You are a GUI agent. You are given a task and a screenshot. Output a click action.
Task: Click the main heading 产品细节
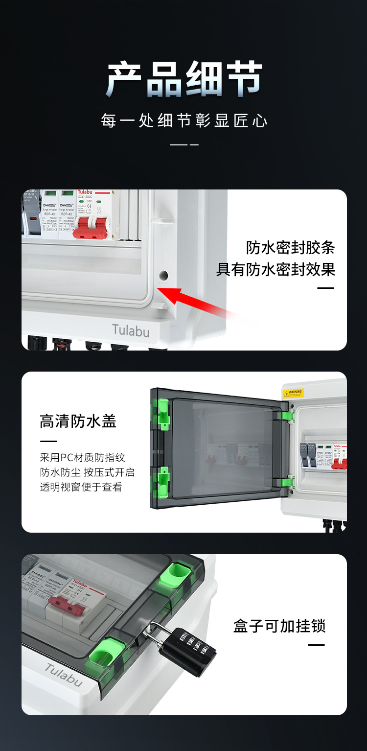pos(184,79)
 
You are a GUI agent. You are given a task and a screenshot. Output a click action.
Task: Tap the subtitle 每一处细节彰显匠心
pos(184,120)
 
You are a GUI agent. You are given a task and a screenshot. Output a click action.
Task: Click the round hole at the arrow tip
pos(163,276)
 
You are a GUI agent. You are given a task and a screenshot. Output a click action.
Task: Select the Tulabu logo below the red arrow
pos(131,330)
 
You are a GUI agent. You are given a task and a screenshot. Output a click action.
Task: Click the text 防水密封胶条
pos(290,248)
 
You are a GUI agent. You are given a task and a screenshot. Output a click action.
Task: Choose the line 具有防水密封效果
pos(275,269)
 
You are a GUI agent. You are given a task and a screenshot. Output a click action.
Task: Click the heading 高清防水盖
pos(78,421)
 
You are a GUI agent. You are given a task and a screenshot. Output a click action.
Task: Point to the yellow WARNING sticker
pos(293,393)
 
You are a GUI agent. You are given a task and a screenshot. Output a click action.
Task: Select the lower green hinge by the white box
pos(289,482)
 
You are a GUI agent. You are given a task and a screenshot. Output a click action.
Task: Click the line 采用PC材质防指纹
pos(82,458)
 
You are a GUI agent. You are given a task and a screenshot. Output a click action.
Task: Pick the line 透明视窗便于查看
pos(81,487)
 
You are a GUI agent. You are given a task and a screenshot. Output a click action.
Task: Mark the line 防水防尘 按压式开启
pos(87,472)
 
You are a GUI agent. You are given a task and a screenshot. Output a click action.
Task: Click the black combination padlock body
pos(187,652)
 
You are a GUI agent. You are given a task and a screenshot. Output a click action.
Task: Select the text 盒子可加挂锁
pos(279,626)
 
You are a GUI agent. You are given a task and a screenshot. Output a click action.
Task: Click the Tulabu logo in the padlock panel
pos(64,675)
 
